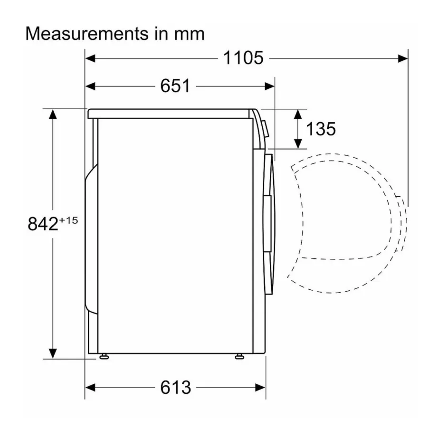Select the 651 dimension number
click(x=175, y=86)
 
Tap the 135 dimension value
click(x=320, y=128)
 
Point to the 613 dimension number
click(x=175, y=387)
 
